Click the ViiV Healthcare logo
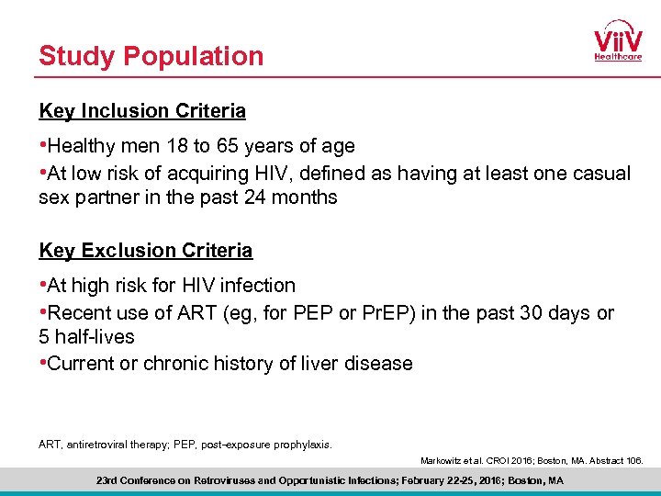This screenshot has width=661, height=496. tap(617, 41)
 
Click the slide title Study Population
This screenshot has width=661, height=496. tap(151, 56)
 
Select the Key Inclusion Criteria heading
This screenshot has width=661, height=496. tap(142, 111)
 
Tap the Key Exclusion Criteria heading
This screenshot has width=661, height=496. tap(145, 250)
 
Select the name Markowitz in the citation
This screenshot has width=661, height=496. tap(443, 460)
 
